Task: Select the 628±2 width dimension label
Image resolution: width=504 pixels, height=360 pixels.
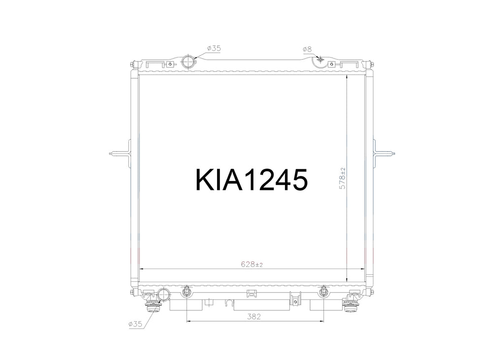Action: coord(252,265)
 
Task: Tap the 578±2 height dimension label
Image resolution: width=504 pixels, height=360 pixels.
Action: coord(343,178)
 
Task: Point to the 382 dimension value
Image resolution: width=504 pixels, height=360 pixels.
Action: coord(253,317)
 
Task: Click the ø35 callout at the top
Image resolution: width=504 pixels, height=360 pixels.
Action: coord(214,49)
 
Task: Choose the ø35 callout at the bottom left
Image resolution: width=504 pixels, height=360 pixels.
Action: coord(135,324)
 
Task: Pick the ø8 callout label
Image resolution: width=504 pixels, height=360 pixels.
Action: coord(307,50)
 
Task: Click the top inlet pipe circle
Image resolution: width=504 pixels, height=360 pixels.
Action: coord(189,61)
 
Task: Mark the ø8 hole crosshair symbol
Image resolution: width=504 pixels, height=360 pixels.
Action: coord(319,59)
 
